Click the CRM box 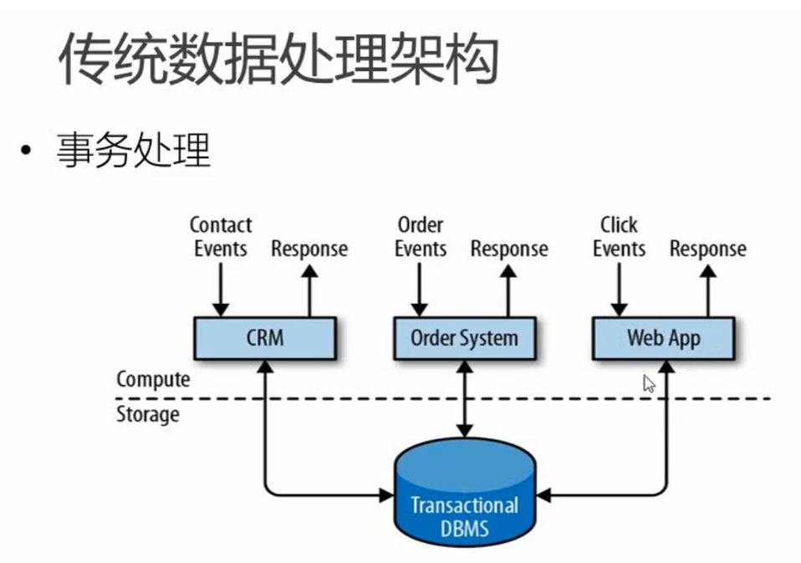(x=264, y=338)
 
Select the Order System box (x=464, y=338)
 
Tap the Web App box (x=663, y=338)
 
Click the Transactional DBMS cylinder (x=464, y=497)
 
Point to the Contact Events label (x=221, y=237)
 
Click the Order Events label (x=421, y=237)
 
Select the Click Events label (x=619, y=237)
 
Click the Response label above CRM (x=309, y=249)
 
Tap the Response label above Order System (x=508, y=249)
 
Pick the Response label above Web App (x=707, y=249)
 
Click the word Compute (x=153, y=379)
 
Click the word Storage (x=147, y=414)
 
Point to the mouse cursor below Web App (x=648, y=383)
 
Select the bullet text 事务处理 (x=134, y=151)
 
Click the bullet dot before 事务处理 (x=28, y=152)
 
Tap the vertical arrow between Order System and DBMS (x=464, y=398)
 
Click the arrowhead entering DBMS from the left (x=385, y=495)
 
